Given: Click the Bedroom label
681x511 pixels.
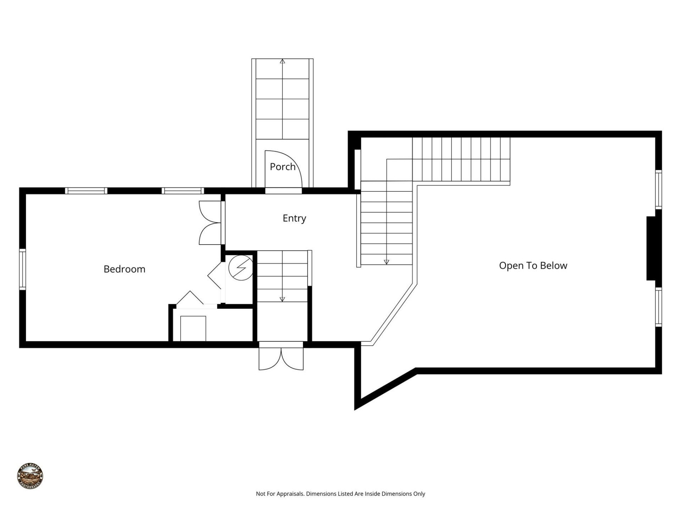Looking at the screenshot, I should point(124,269).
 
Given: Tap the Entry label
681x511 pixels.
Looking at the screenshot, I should point(294,218).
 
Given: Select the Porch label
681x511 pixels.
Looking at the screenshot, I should point(282,166).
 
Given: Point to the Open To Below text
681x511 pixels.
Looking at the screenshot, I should point(533,265).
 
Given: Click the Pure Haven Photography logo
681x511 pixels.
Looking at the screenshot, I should point(30,476).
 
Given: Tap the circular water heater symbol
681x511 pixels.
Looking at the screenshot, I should point(241,268).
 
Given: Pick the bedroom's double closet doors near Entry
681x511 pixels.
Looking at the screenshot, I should point(210,223).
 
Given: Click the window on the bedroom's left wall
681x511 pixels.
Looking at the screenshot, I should point(22,269).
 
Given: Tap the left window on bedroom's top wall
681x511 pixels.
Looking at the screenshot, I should point(86,191).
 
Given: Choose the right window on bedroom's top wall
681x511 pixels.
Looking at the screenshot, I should point(183,191).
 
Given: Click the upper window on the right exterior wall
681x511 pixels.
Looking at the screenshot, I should point(658,189).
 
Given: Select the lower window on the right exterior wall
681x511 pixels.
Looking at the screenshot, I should point(658,307).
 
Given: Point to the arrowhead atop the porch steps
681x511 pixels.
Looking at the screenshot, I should point(282,61).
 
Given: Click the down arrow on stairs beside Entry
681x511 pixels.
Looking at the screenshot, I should point(386,262).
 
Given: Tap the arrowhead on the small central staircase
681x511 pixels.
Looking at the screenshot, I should point(282,299).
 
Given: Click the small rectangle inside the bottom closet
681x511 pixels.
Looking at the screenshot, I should point(193,328).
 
